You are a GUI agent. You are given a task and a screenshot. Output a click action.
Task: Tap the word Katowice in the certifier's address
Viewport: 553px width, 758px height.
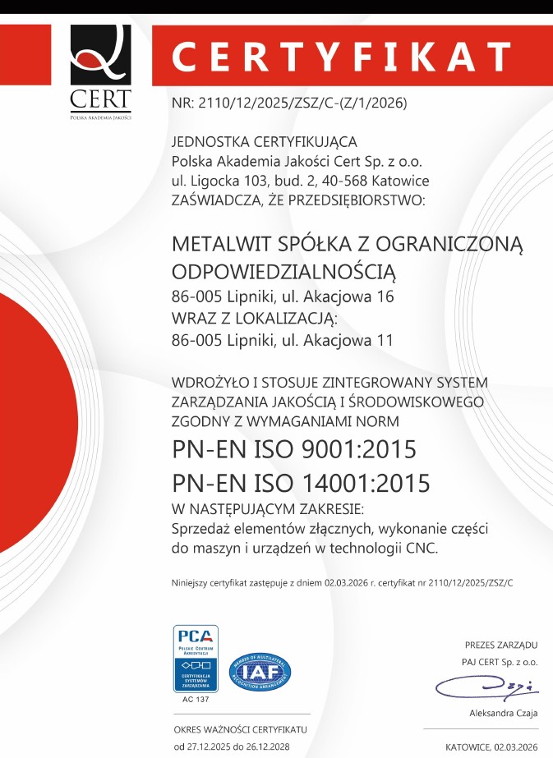coord(400,180)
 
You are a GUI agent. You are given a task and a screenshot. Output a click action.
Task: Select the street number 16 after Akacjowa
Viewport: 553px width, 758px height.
coord(384,296)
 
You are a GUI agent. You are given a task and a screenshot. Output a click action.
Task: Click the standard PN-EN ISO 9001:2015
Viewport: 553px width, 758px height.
coord(294,449)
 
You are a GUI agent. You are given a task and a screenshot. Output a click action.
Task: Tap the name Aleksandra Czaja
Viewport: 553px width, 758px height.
coord(503,713)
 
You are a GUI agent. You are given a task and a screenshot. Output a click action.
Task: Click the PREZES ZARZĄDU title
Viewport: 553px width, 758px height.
coord(500,645)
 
